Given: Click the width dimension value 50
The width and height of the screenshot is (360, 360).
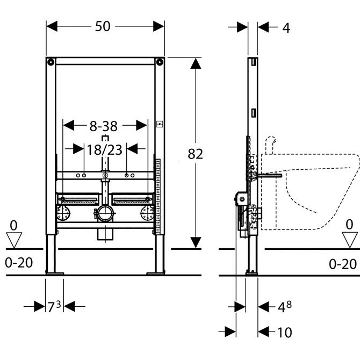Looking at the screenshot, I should pyautogui.click(x=105, y=26).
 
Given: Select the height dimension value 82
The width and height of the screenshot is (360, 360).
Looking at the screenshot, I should pyautogui.click(x=195, y=154).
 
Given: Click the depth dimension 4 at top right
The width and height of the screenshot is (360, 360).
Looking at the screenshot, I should pyautogui.click(x=286, y=28).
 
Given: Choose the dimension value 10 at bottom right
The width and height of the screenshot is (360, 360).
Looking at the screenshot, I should pyautogui.click(x=285, y=333).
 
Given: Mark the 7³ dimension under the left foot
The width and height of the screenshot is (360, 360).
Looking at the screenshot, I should pyautogui.click(x=54, y=307).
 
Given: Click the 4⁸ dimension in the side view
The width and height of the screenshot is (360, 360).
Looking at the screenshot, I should pyautogui.click(x=285, y=307).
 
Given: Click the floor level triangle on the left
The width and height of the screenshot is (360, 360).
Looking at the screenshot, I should pyautogui.click(x=13, y=236).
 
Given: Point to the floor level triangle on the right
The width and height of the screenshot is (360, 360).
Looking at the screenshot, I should pyautogui.click(x=350, y=236).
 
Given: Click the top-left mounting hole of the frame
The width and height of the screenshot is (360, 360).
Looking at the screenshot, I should pyautogui.click(x=51, y=62).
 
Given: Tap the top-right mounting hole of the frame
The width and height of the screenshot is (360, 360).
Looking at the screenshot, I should pyautogui.click(x=160, y=62).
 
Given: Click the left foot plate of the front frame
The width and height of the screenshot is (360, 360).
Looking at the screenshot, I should pyautogui.click(x=54, y=273).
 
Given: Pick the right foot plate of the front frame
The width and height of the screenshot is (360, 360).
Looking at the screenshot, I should pyautogui.click(x=156, y=273).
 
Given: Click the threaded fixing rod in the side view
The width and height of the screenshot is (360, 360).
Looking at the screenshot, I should pyautogui.click(x=269, y=175).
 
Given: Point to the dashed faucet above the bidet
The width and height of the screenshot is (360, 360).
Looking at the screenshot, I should pyautogui.click(x=271, y=143).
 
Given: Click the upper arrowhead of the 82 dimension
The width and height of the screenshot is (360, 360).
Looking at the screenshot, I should pyautogui.click(x=196, y=63).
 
